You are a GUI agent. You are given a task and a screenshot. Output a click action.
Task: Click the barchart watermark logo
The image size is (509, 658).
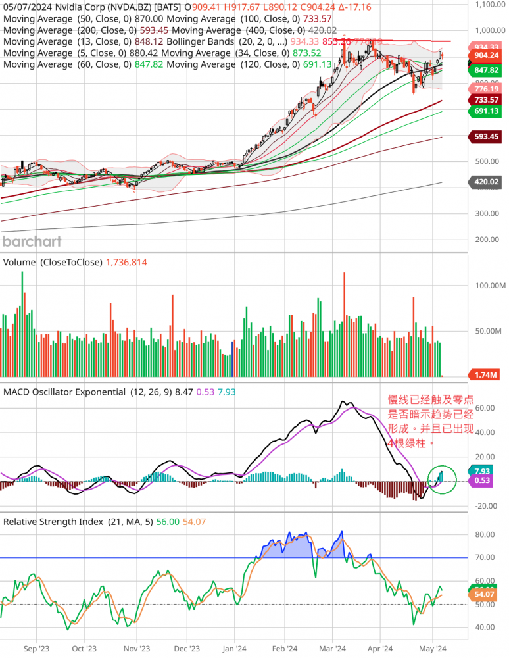point(32,241)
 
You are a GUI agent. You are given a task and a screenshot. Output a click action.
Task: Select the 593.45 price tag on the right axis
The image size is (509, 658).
point(483,137)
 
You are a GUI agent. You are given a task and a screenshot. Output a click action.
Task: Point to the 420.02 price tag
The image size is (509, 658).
point(483,182)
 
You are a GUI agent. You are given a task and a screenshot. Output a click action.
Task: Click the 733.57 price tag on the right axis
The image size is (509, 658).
point(483,99)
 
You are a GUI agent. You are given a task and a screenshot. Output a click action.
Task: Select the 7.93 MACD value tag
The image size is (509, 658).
point(483,470)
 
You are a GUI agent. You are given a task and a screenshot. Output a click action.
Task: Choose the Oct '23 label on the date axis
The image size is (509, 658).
point(84,647)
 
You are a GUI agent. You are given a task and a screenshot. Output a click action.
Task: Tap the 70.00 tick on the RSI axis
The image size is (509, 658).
point(485,557)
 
